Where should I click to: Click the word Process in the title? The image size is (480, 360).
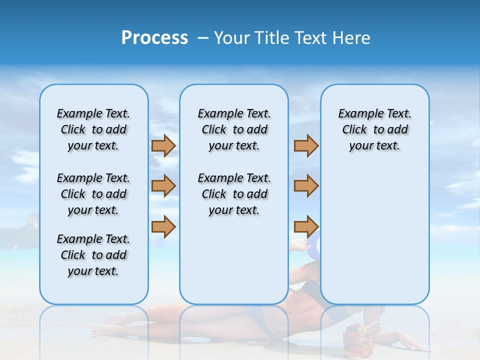(154, 38)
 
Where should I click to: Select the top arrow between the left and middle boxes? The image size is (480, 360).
(163, 146)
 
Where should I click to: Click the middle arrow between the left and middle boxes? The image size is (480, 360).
(163, 186)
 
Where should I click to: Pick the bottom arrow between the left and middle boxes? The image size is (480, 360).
(163, 226)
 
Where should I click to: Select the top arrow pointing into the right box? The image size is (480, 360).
(306, 146)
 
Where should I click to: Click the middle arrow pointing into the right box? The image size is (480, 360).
(306, 186)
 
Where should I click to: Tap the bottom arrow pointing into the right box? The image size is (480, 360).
(306, 226)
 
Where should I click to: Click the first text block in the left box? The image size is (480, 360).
(93, 129)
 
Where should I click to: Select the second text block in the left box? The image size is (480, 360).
(93, 194)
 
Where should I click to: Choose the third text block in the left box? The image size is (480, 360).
(93, 255)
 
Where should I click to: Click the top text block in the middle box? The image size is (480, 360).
(234, 129)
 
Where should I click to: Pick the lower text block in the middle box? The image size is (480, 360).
(234, 194)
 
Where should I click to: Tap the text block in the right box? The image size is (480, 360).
(374, 129)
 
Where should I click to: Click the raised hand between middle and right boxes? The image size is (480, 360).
(299, 245)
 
